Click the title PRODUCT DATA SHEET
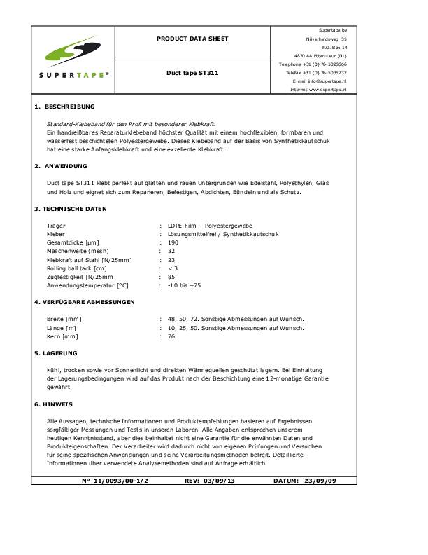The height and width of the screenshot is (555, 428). point(201,39)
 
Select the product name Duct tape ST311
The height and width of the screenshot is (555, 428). point(201,73)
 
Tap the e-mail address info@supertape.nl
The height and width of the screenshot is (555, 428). point(331,81)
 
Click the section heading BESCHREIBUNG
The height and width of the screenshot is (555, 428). point(69,107)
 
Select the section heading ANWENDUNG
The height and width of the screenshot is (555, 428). point(66,166)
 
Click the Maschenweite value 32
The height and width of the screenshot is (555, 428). point(171,251)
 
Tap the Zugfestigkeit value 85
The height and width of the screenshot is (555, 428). point(171,277)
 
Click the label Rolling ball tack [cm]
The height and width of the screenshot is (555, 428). point(76,268)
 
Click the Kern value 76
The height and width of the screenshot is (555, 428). point(171,336)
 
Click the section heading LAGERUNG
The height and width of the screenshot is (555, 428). point(61,353)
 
